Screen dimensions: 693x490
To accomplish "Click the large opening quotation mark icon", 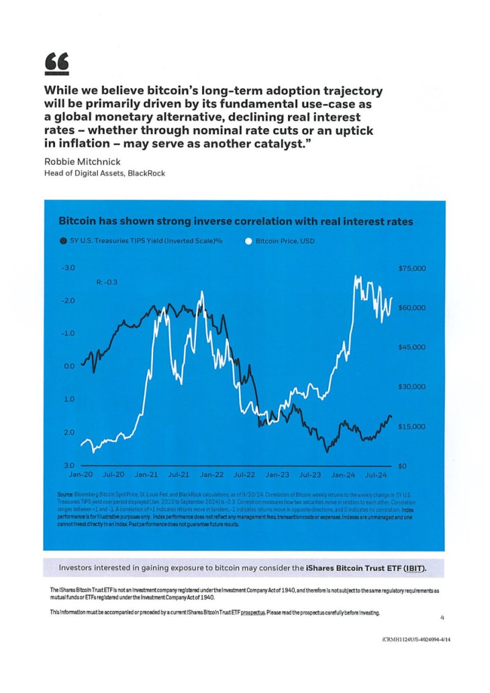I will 56,62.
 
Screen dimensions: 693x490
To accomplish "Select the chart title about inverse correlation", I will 235,221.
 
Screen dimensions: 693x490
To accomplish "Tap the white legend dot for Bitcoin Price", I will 248,241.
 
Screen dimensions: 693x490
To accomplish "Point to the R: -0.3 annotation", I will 107,282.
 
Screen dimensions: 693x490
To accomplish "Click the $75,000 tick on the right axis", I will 412,268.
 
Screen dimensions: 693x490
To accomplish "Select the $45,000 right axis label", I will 412,347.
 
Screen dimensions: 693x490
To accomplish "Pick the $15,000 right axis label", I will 412,426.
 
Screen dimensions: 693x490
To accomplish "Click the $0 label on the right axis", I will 402,466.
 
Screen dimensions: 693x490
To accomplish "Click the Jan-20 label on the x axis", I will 81,475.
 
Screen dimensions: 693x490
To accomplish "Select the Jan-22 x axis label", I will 212,475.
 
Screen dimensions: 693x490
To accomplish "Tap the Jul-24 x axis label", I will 375,475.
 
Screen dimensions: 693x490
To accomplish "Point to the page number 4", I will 443,618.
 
